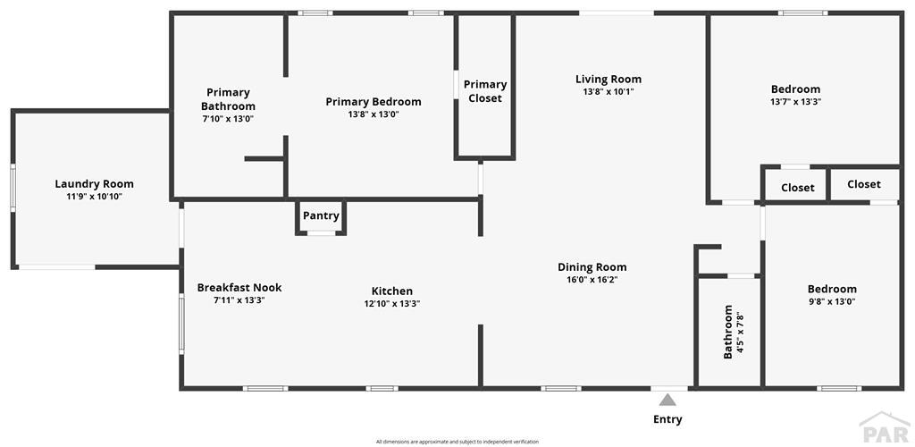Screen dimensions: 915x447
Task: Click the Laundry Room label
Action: tap(94, 184)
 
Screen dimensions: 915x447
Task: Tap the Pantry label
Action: tap(321, 216)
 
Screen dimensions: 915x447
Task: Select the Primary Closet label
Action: tap(485, 91)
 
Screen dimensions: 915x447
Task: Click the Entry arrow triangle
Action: tap(667, 400)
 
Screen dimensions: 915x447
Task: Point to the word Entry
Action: tap(667, 419)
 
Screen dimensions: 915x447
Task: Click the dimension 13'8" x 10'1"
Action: tap(609, 91)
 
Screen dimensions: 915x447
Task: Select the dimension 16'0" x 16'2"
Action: tap(592, 280)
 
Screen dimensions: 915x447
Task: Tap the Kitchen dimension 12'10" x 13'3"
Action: tap(392, 303)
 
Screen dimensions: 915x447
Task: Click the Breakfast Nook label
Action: tap(239, 288)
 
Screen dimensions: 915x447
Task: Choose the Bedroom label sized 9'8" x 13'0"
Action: tap(832, 289)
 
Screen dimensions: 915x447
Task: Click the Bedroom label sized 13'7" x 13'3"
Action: tap(795, 89)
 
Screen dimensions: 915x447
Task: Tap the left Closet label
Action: tap(798, 188)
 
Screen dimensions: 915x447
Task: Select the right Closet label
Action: tap(864, 184)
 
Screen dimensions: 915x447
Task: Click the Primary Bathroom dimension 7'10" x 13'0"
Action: tap(228, 119)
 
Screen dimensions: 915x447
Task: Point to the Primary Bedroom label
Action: tap(373, 102)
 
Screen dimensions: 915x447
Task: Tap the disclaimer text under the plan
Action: tap(457, 442)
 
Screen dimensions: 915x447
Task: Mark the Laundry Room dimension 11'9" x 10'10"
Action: tap(94, 197)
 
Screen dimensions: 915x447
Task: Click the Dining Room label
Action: tap(592, 267)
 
